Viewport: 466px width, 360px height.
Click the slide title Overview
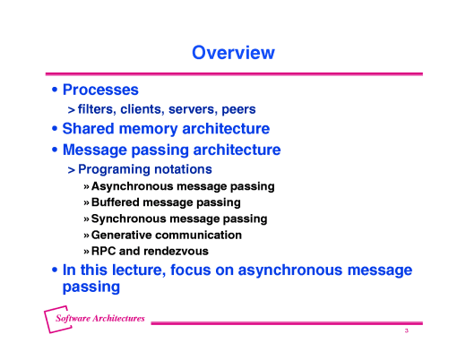coord(233,53)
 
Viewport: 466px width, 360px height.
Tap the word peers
coord(237,109)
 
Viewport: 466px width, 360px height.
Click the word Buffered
coord(118,202)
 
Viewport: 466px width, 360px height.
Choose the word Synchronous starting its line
coord(132,219)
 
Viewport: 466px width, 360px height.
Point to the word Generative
coord(125,235)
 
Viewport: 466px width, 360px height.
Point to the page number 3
coord(406,331)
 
